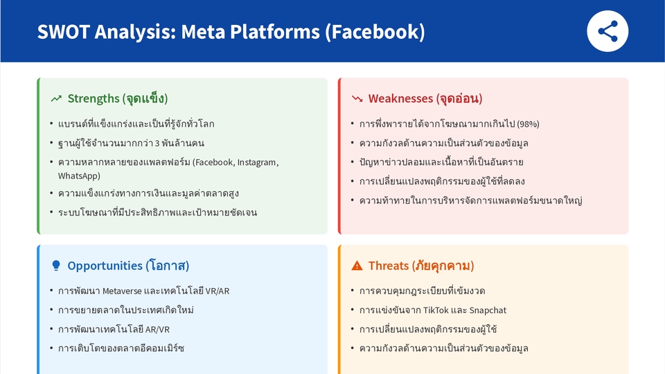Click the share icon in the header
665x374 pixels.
(x=608, y=31)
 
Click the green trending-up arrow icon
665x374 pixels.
(x=56, y=99)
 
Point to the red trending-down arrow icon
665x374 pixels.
(x=357, y=99)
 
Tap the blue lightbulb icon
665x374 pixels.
(x=56, y=266)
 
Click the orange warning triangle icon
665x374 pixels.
(x=357, y=266)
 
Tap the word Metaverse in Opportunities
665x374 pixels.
(x=121, y=291)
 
